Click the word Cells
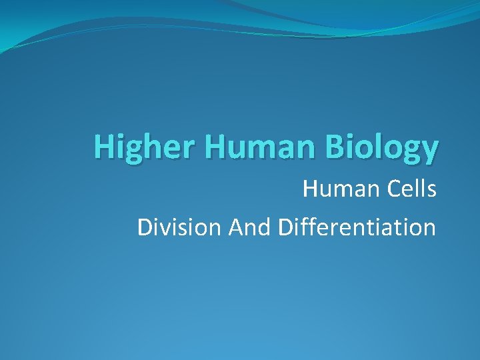[x=410, y=189]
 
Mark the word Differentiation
[x=357, y=227]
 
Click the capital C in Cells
[x=389, y=189]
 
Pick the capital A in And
[x=236, y=227]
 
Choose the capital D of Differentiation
[x=285, y=227]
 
